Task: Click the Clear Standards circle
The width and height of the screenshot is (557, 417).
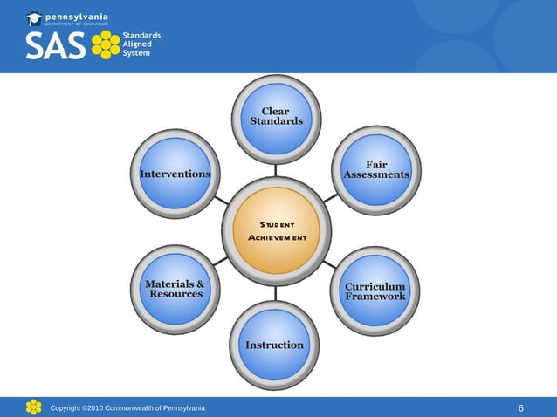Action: tap(276, 118)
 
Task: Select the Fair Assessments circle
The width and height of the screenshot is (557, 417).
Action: tap(376, 170)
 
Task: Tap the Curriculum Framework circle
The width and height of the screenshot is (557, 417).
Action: tap(375, 291)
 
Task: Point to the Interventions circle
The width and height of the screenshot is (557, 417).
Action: tap(175, 173)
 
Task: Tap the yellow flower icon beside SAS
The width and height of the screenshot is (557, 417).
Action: tap(106, 45)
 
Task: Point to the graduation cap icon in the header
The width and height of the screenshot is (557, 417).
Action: tap(34, 18)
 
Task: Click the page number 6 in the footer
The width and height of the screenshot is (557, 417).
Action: tap(521, 408)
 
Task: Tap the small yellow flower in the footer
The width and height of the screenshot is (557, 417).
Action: tap(33, 407)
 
